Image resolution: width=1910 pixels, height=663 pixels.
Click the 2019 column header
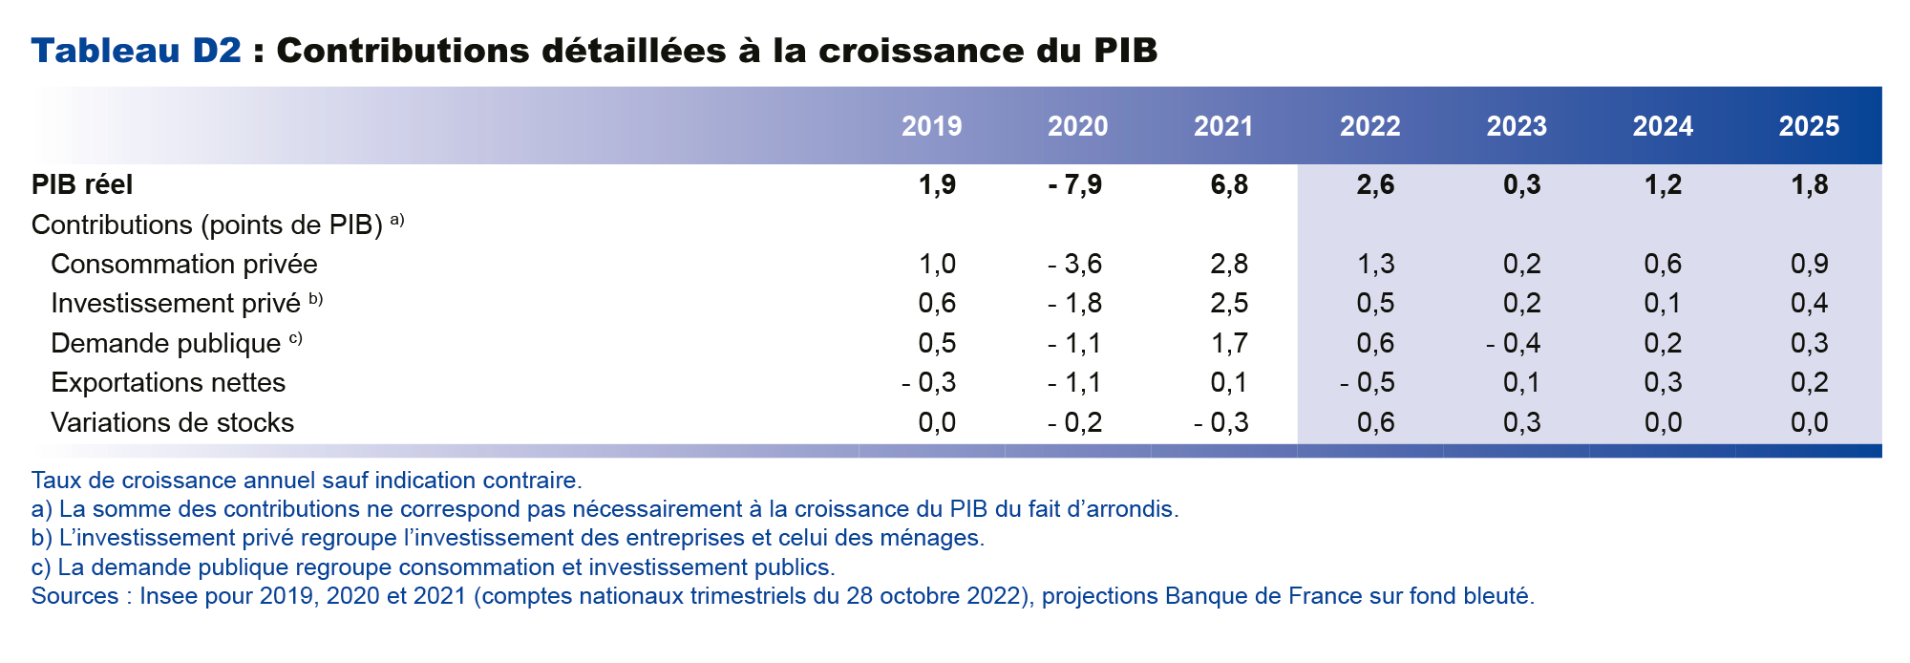point(931,126)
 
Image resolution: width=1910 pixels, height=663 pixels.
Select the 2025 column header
point(1808,126)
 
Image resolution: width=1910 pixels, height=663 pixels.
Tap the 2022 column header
point(1369,126)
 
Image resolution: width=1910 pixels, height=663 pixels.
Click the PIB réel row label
point(82,184)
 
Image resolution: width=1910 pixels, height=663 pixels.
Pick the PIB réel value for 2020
point(1075,184)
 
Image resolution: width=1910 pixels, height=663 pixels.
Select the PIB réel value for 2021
point(1228,184)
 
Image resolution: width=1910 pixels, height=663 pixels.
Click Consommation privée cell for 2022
point(1375,264)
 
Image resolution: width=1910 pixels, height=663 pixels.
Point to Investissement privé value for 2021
point(1228,304)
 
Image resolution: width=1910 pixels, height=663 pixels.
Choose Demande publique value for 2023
point(1514,343)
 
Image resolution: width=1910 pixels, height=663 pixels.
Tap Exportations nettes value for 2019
point(929,383)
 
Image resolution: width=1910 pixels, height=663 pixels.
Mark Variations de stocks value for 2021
point(1221,422)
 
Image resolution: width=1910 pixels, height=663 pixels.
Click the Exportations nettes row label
point(168,383)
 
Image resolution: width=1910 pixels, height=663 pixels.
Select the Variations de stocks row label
point(172,422)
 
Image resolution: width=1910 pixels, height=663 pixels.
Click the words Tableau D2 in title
point(137,51)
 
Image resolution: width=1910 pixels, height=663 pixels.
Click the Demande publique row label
point(165,343)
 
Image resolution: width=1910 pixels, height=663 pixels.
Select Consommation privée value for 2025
point(1809,264)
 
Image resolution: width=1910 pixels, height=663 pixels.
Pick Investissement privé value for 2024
point(1663,304)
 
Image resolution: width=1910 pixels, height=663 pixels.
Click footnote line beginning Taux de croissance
point(306,481)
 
